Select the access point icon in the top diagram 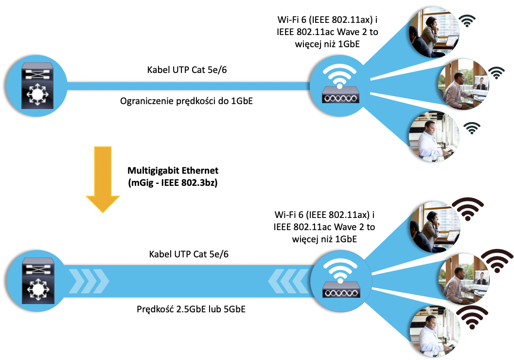pos(340,86)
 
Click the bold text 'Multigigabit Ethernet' pos(173,171)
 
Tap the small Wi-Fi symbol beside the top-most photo pos(468,20)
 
